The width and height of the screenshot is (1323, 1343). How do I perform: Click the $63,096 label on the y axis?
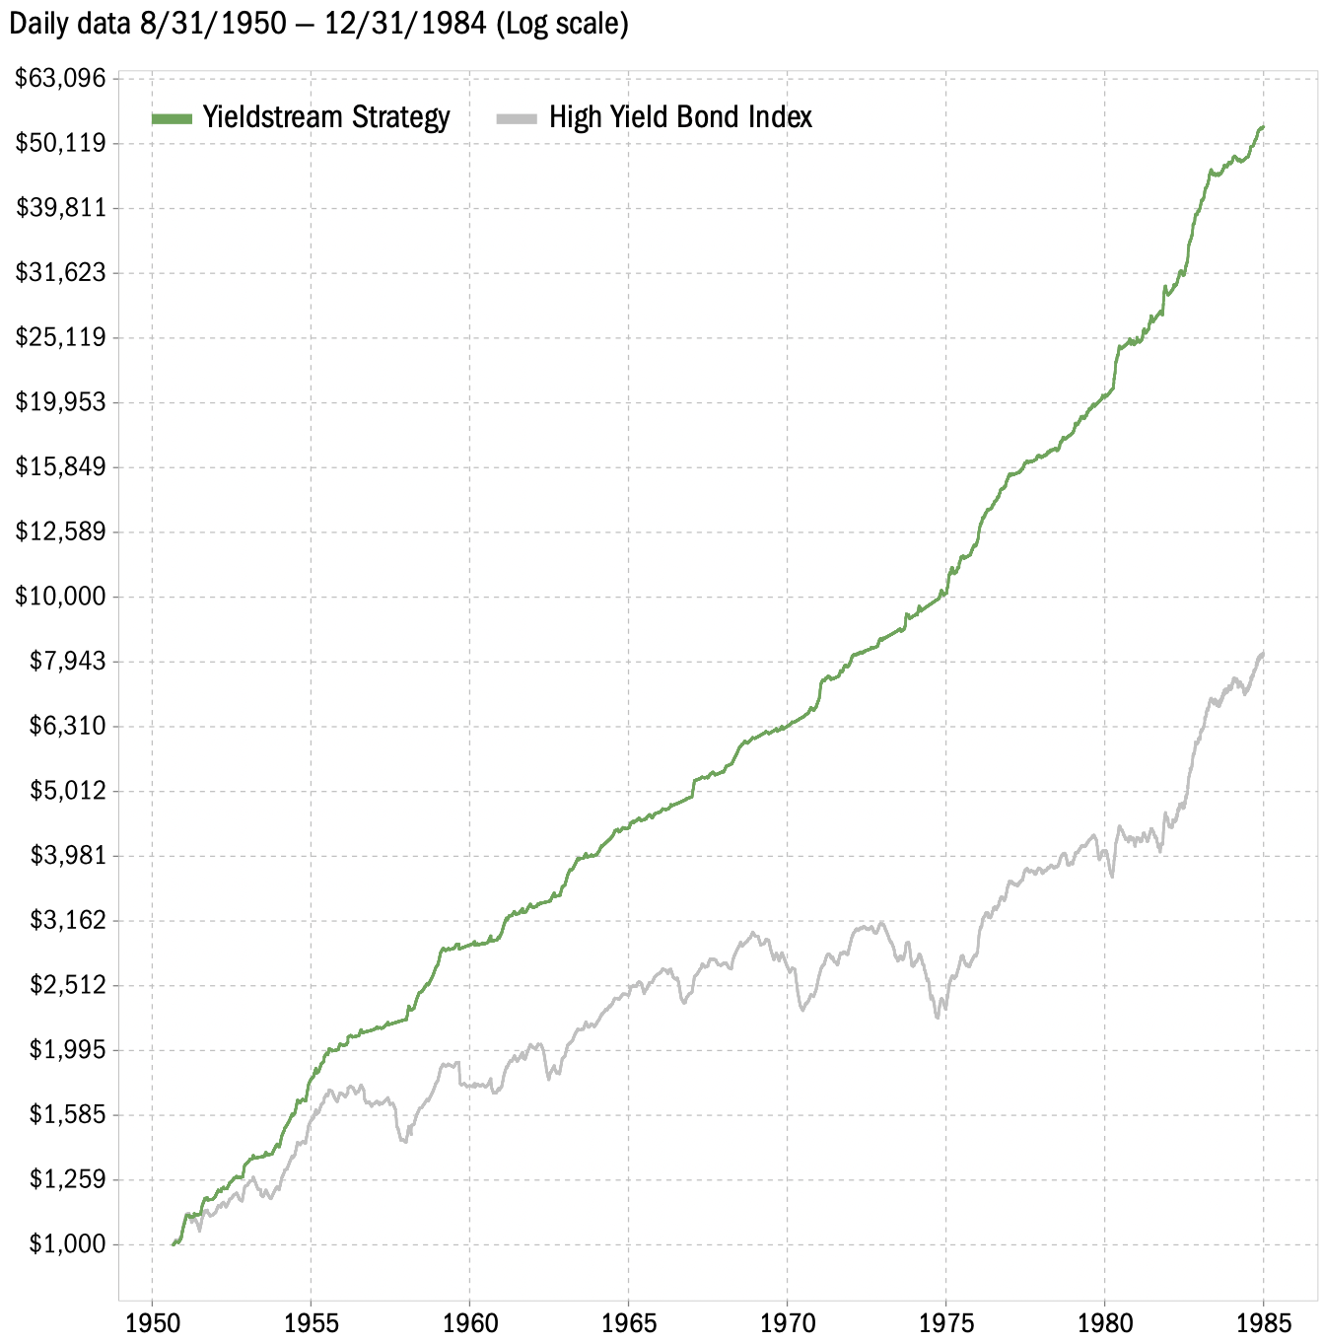[60, 78]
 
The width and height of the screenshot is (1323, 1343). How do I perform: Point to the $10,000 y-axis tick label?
[60, 597]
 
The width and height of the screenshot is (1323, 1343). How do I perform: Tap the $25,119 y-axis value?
[60, 337]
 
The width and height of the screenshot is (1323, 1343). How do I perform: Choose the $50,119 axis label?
[60, 143]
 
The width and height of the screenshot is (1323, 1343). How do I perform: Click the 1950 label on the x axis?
[152, 1322]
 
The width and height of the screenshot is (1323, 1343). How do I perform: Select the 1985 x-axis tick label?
[1264, 1322]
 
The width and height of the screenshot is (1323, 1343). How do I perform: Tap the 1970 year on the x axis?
[787, 1322]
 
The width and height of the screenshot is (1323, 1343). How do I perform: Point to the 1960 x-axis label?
[469, 1322]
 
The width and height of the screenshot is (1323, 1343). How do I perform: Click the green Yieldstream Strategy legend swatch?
[172, 118]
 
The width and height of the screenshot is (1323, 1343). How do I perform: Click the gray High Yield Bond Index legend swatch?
[517, 118]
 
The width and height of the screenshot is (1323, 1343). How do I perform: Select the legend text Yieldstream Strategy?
[326, 117]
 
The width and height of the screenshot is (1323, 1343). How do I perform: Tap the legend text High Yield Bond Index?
[680, 117]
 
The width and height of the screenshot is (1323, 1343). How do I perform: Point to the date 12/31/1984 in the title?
[404, 23]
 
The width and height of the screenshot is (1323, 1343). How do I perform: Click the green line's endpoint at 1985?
[1263, 127]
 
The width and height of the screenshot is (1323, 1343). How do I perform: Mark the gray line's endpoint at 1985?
[1263, 653]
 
